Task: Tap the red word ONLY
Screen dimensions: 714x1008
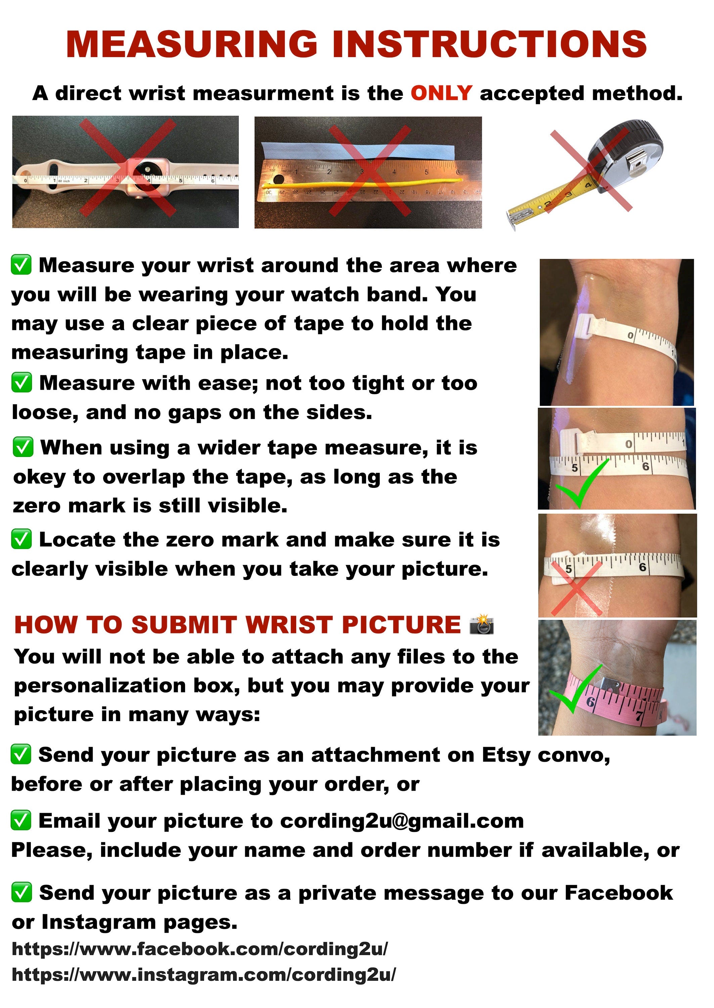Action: coord(441,93)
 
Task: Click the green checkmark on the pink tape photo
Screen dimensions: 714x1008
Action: coord(576,689)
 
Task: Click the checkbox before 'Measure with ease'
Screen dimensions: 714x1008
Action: coord(21,382)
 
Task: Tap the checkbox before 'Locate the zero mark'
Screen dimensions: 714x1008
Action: coord(21,539)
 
